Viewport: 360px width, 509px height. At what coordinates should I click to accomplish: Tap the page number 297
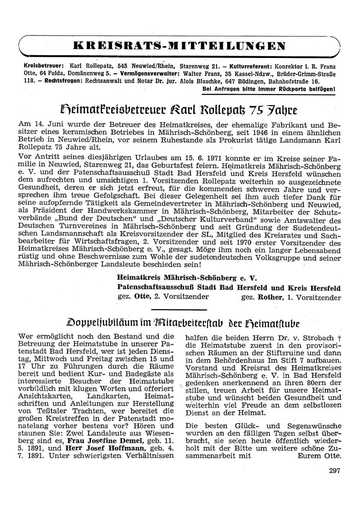(x=334, y=470)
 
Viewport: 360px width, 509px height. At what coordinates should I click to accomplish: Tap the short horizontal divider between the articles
(x=179, y=309)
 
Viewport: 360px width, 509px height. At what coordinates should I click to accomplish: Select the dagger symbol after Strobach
(x=339, y=338)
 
